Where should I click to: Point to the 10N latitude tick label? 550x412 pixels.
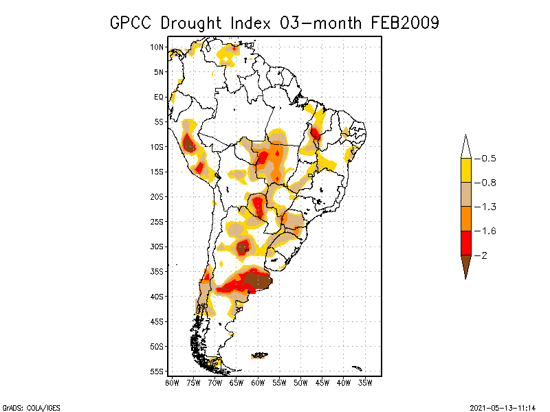tap(157, 47)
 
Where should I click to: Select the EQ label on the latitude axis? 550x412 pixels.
tap(159, 97)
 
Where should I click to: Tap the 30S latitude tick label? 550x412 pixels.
tap(157, 247)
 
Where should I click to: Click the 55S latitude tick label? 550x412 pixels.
tap(157, 371)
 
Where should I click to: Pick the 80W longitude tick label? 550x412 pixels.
tap(172, 382)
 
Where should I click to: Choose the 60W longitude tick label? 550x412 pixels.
tap(258, 382)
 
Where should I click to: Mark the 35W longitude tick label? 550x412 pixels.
tap(365, 382)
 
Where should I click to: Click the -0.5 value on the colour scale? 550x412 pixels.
tap(488, 159)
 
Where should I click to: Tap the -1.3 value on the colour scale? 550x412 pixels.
tap(488, 207)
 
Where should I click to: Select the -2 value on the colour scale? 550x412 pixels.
tap(485, 255)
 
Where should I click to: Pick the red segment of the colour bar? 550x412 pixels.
tap(465, 242)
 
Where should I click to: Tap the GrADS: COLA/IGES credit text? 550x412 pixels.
tap(31, 408)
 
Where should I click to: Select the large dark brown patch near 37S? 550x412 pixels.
tap(258, 279)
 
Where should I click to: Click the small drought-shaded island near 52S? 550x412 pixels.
tap(259, 355)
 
